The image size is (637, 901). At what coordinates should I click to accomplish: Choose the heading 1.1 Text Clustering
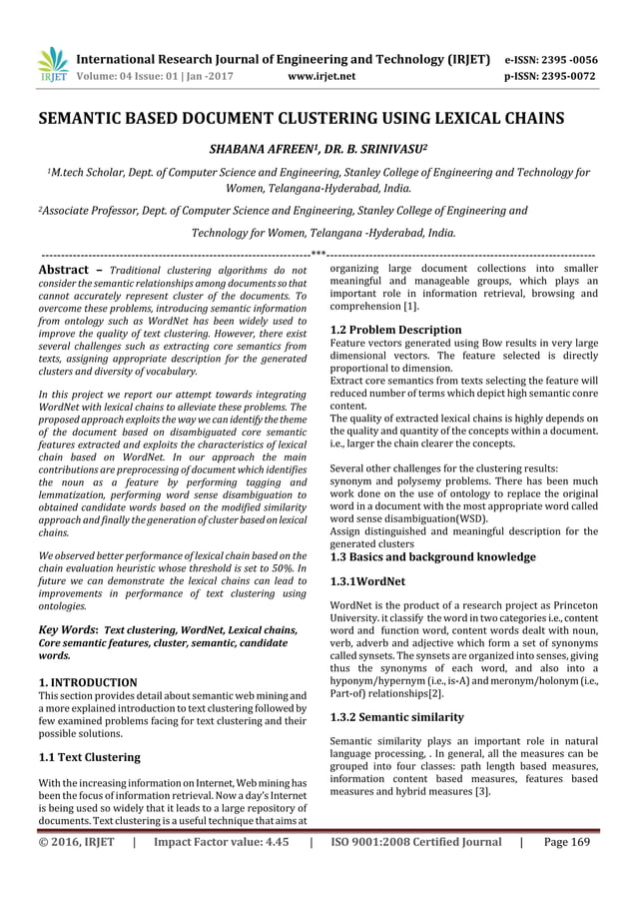(88, 757)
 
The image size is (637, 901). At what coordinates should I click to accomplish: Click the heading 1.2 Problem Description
(395, 330)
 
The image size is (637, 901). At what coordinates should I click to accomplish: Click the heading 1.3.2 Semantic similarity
(396, 717)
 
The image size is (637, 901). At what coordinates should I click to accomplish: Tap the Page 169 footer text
(567, 842)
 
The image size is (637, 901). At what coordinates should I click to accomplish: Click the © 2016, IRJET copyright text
(77, 842)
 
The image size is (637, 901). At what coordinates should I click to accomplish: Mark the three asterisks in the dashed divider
(318, 253)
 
